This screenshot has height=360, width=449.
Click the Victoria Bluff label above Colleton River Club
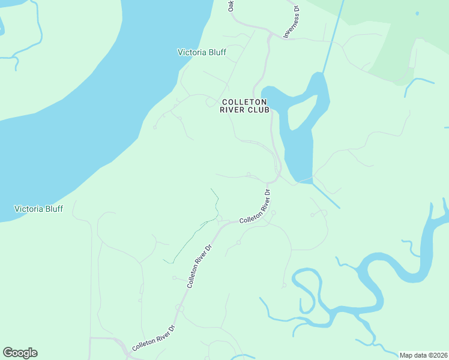202,52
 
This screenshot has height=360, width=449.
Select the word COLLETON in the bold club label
244,102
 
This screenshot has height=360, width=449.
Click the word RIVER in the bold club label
232,110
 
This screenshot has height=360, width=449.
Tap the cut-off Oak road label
230,5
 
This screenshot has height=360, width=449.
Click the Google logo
20,353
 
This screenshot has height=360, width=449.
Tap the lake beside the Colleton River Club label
300,144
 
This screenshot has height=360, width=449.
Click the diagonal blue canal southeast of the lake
326,196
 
